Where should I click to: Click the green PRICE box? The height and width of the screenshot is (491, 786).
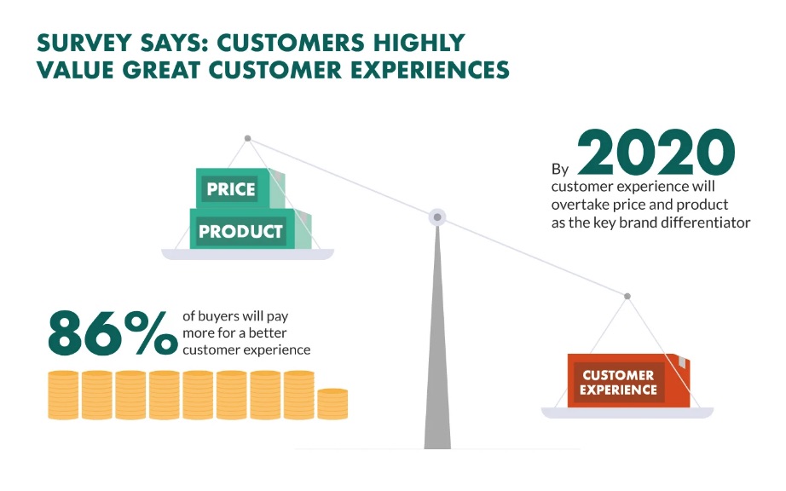pos(240,188)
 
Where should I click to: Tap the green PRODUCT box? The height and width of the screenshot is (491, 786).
pos(250,229)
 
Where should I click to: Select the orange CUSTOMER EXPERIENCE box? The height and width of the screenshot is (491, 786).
pos(628,380)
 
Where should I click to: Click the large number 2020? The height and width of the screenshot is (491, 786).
pos(656,153)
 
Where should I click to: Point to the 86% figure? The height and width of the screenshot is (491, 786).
pos(113,332)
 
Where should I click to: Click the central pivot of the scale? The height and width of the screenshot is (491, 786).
pos(437,217)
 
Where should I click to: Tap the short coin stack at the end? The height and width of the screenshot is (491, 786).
pos(332,404)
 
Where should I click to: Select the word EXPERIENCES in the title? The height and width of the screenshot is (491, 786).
pos(430,70)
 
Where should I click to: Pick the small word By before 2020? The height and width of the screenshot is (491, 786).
pos(560,170)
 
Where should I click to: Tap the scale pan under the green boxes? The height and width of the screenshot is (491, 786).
pos(247,254)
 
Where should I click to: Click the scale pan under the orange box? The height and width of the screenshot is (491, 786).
pos(627,413)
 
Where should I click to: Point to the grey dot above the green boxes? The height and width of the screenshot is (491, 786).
pos(247,138)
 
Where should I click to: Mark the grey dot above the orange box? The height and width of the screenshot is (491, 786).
pos(627,296)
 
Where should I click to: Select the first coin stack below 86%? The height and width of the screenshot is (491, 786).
pos(63,395)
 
